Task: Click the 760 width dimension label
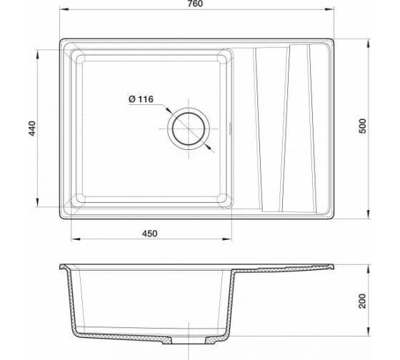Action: coord(195,4)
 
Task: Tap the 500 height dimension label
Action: coord(363,126)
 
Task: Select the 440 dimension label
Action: coord(32,129)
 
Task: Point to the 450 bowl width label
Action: coord(150,234)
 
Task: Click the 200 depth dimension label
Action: coord(362,301)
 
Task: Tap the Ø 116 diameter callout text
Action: coord(141,99)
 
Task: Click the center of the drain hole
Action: coord(189,129)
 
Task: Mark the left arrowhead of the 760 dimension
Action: coord(64,9)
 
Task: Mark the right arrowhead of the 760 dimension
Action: coord(329,9)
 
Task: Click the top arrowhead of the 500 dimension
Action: coord(368,44)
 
